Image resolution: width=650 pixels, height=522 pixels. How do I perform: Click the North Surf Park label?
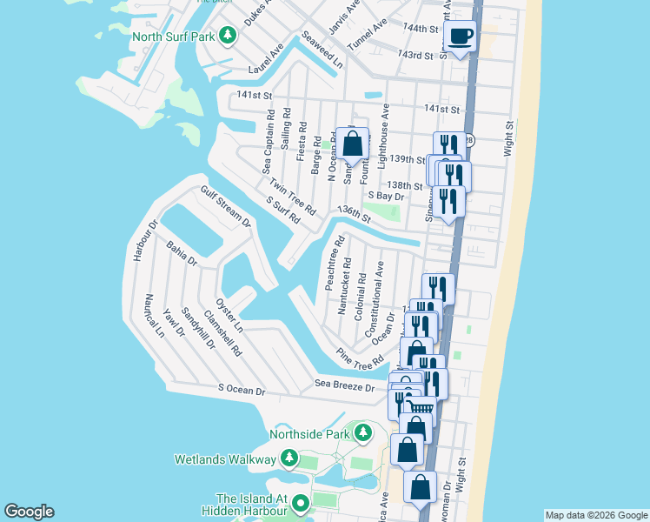(x=174, y=36)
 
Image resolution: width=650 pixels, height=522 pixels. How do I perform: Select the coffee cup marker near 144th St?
(x=460, y=37)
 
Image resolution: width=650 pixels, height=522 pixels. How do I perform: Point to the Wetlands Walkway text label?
(x=225, y=458)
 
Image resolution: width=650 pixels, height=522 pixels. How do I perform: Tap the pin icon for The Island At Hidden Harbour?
(x=301, y=503)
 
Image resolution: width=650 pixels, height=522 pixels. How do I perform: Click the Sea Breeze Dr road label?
(x=344, y=385)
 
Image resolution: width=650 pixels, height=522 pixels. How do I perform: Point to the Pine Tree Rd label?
(x=361, y=357)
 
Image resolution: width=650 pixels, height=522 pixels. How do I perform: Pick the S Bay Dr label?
(x=386, y=197)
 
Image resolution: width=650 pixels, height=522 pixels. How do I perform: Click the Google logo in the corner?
(x=29, y=512)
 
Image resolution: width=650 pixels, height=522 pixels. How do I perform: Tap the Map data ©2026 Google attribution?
(x=595, y=515)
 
